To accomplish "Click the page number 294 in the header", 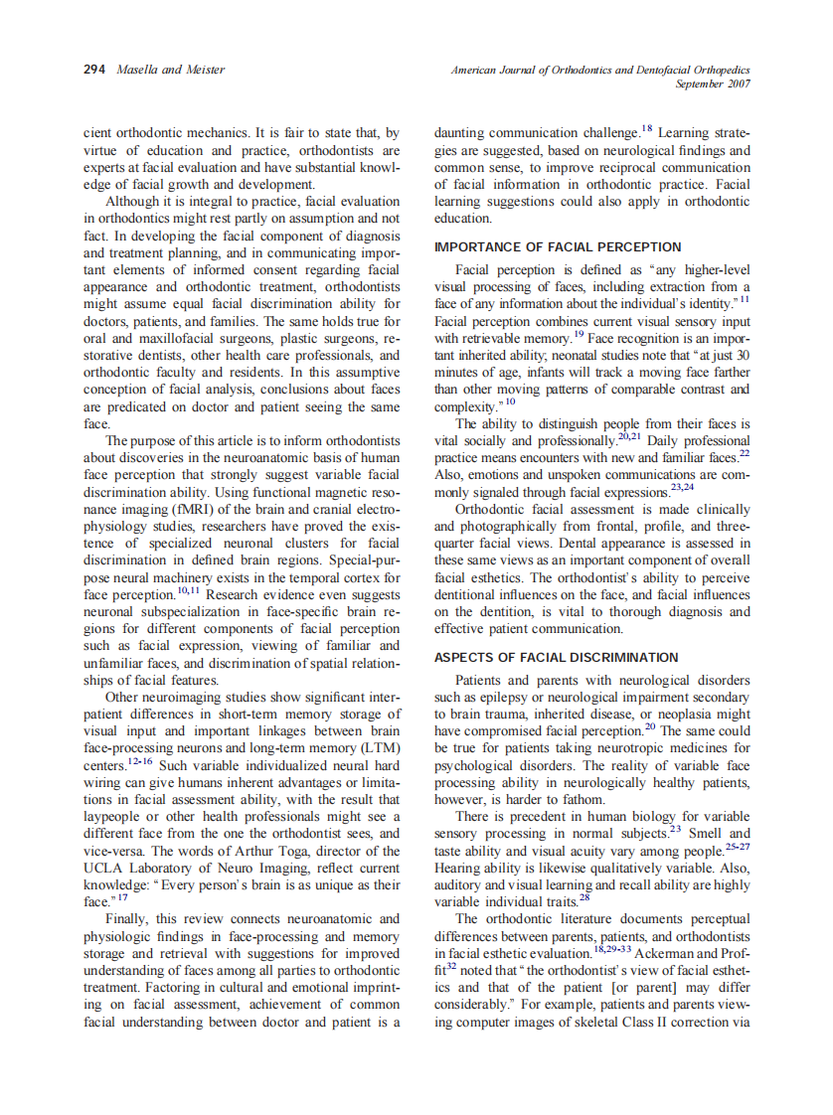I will point(94,70).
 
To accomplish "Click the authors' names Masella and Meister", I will point(170,70).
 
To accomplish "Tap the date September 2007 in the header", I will point(713,84).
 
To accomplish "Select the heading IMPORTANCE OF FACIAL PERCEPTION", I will point(558,246).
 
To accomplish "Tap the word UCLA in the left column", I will point(100,868).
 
